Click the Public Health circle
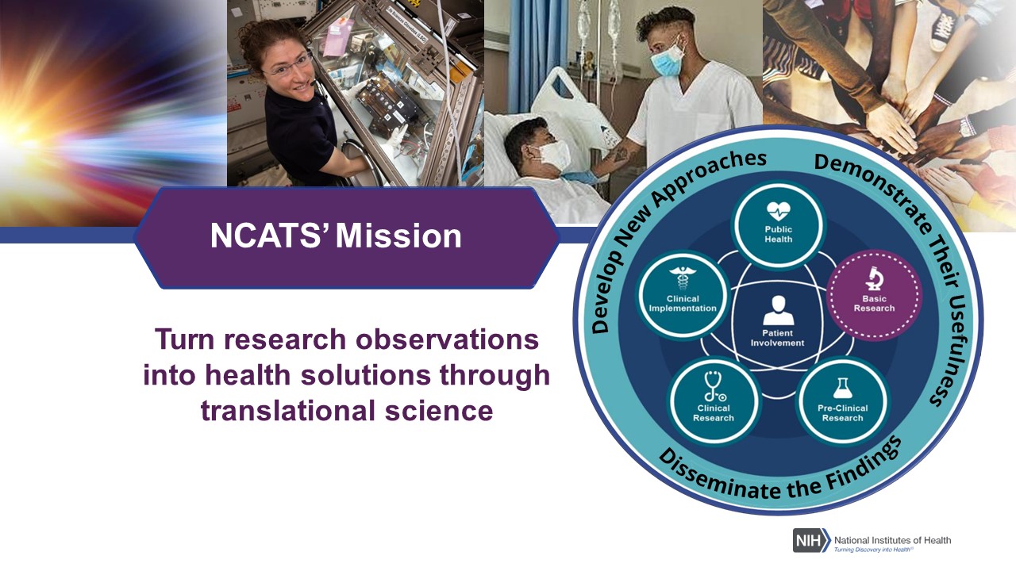pos(779,225)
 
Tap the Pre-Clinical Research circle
pos(843,401)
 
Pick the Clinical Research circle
pos(714,401)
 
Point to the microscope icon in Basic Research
pos(874,278)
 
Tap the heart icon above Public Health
pos(779,211)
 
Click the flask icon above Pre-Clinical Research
pos(842,389)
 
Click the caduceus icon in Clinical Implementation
pos(683,278)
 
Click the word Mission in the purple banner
pos(398,236)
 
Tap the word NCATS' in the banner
pos(271,236)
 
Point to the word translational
pos(288,411)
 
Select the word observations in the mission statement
pos(447,339)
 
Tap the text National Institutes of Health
pos(893,540)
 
